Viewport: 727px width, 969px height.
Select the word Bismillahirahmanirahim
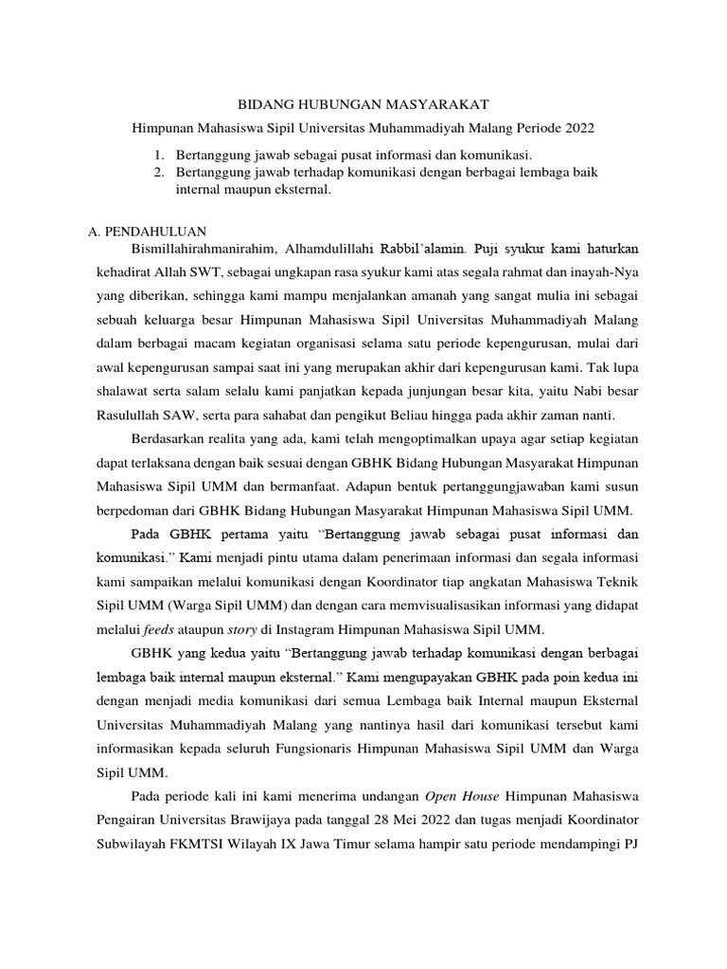click(203, 249)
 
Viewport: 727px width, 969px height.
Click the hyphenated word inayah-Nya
click(605, 271)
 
